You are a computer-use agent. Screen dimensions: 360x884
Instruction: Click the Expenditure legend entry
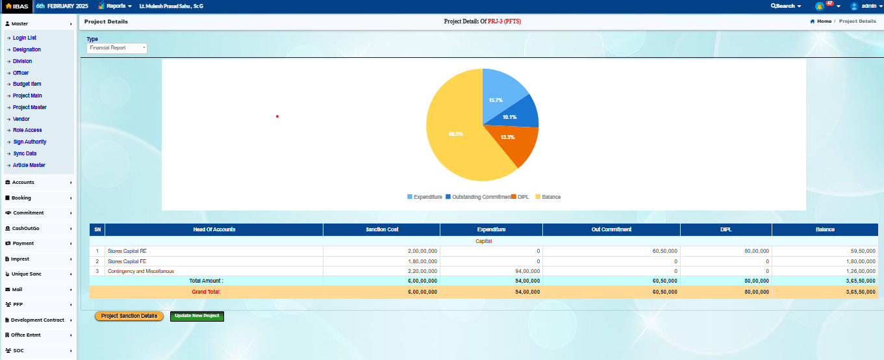coord(425,197)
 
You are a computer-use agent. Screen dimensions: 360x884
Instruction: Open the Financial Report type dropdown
coord(117,48)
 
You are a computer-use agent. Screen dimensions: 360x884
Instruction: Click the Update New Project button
coord(197,316)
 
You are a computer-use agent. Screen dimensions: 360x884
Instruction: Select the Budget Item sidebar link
coord(27,84)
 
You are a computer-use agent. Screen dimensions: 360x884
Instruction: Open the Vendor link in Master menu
coord(21,119)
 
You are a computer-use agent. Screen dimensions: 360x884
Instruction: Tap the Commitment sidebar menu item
coord(28,212)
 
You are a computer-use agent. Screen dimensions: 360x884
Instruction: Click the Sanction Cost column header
coord(382,229)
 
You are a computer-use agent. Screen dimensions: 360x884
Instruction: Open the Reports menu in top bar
coord(116,6)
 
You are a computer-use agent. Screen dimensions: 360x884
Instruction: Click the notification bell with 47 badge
coord(820,6)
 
